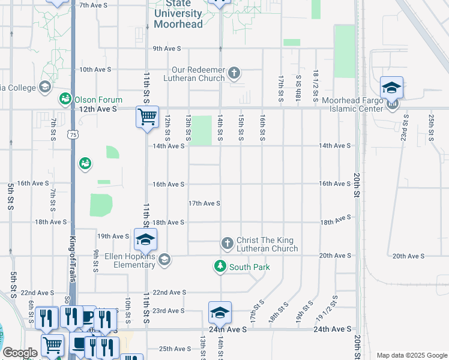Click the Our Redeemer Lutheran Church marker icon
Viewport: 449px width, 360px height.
234,74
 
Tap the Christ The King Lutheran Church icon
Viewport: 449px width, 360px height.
227,243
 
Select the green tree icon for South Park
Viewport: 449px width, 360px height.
220,266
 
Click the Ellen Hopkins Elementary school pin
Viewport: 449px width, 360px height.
164,259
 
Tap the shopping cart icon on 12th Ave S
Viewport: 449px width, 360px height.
147,116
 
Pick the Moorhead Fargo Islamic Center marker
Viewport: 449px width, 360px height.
393,104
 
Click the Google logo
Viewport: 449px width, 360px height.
20,353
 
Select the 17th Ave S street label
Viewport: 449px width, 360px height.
204,203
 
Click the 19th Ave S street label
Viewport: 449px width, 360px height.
113,236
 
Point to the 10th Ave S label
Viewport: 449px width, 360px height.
95,70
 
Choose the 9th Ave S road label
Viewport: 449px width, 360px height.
168,49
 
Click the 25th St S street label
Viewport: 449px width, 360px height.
431,127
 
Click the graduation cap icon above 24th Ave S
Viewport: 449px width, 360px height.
220,313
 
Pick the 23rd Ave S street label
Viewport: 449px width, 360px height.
169,311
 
